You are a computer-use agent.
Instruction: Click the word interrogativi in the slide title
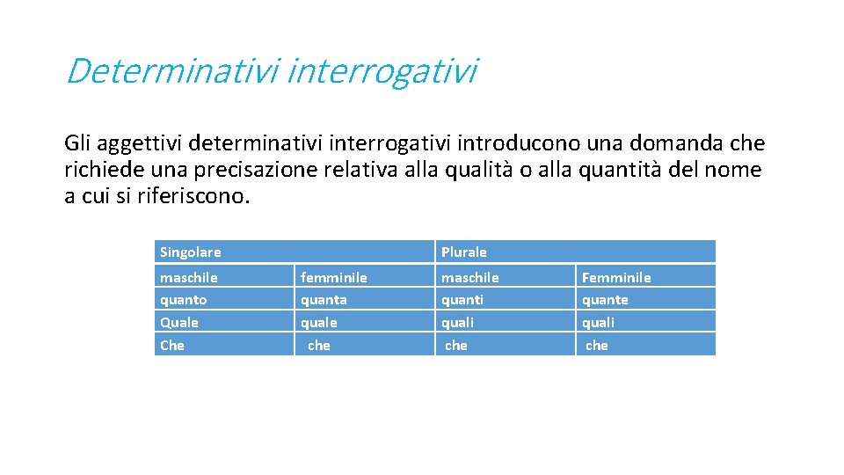382,71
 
